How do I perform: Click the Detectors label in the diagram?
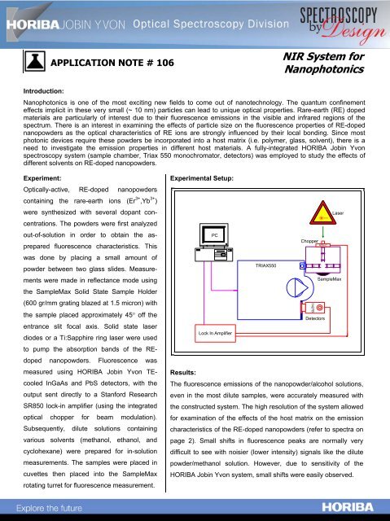[x=316, y=319]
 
